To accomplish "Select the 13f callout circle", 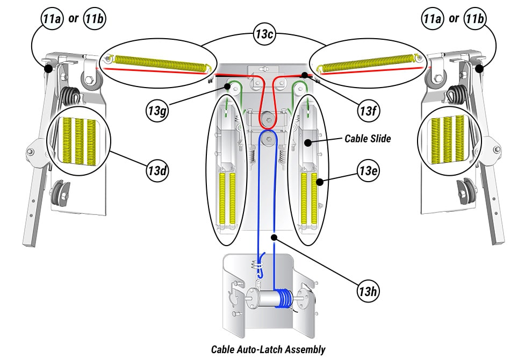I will point(369,111).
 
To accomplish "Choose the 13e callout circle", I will point(369,171).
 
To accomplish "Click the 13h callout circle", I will point(369,292).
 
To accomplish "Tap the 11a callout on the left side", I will point(52,19).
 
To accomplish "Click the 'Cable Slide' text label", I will point(368,139).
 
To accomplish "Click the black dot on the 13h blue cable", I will point(274,236).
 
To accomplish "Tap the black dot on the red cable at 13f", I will point(304,75).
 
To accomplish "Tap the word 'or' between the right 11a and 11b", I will point(454,19).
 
